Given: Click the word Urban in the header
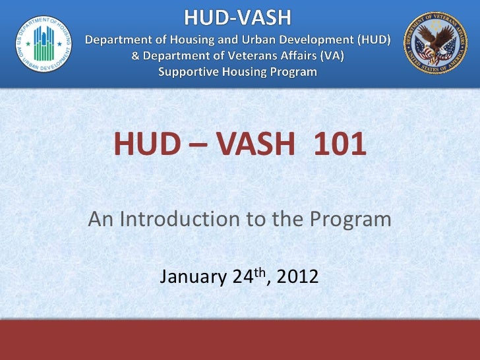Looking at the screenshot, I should tap(258, 39).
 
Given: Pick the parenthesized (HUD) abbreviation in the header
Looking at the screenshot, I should tap(373, 39).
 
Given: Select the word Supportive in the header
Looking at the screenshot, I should tap(186, 71).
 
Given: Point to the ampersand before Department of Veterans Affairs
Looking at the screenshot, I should tap(136, 55).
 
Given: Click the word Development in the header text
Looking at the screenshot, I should tap(315, 39).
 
